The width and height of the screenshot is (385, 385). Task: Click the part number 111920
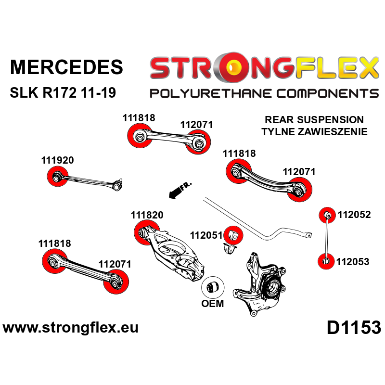point(57,161)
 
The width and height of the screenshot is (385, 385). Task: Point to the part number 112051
point(206,235)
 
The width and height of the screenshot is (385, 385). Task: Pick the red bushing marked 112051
point(234,234)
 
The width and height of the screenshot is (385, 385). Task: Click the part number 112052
point(354,215)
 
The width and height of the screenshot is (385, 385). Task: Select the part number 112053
point(353,262)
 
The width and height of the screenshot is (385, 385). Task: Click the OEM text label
point(212,304)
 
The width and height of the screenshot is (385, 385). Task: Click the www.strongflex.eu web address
point(71,328)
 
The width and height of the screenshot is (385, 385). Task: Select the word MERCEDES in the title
point(66,67)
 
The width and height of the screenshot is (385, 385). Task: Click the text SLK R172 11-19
point(63,92)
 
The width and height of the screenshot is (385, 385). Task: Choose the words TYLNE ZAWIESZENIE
point(314,131)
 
